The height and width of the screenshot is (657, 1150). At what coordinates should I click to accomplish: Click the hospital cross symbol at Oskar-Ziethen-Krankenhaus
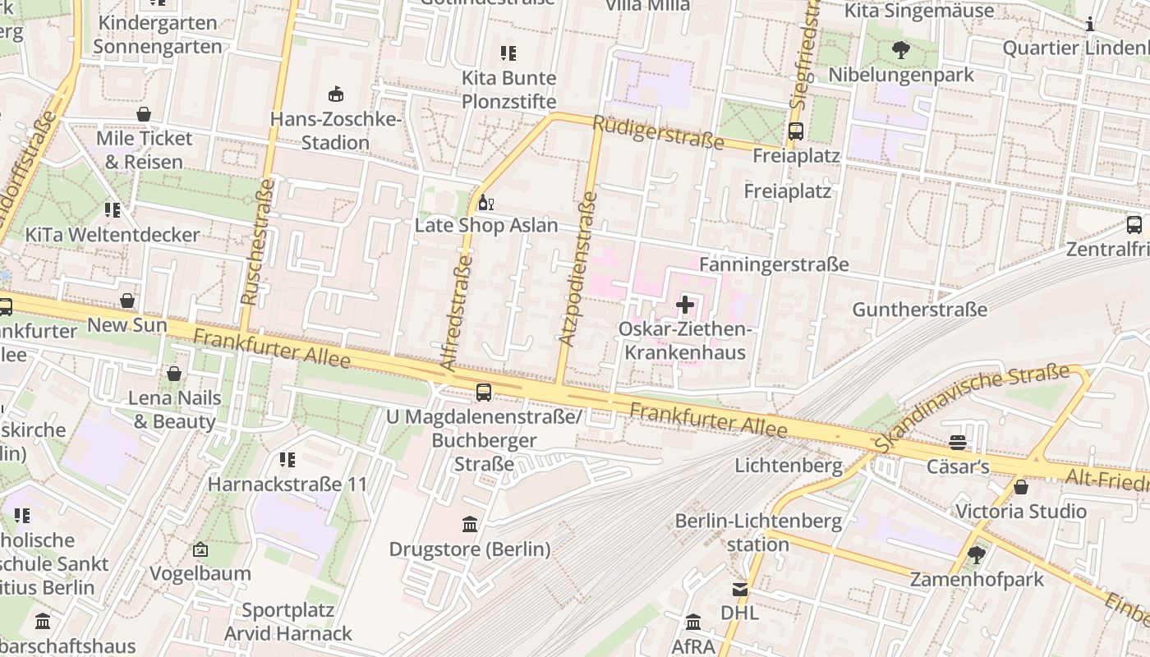tap(684, 306)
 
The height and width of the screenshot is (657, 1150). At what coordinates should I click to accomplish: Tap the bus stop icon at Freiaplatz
tap(795, 131)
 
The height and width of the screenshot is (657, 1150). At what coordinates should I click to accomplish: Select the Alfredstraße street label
tap(457, 312)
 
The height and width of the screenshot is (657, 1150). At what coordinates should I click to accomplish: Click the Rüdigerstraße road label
tap(657, 132)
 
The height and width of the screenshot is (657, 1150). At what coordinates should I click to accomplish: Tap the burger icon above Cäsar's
tap(957, 443)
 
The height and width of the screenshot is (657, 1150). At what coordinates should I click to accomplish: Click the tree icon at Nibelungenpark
tap(900, 50)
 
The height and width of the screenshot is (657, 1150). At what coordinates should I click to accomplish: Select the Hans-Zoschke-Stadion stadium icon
tap(335, 94)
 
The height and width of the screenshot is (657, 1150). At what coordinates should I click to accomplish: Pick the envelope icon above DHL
tap(739, 589)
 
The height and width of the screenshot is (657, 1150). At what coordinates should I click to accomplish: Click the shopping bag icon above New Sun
tap(127, 301)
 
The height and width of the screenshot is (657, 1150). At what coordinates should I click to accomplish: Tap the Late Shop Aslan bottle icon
tap(485, 202)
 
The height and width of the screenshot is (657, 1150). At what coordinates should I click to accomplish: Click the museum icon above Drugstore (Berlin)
tap(470, 524)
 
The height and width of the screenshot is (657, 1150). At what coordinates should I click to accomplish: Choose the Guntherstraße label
tap(919, 310)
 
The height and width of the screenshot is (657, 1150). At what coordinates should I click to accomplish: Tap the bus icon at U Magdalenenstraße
tap(484, 393)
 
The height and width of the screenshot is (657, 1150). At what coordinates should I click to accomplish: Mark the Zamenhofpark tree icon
tap(976, 555)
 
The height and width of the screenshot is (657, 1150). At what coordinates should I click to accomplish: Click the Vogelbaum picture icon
tap(200, 549)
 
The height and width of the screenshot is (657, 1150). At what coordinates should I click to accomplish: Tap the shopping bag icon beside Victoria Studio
tap(1020, 487)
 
